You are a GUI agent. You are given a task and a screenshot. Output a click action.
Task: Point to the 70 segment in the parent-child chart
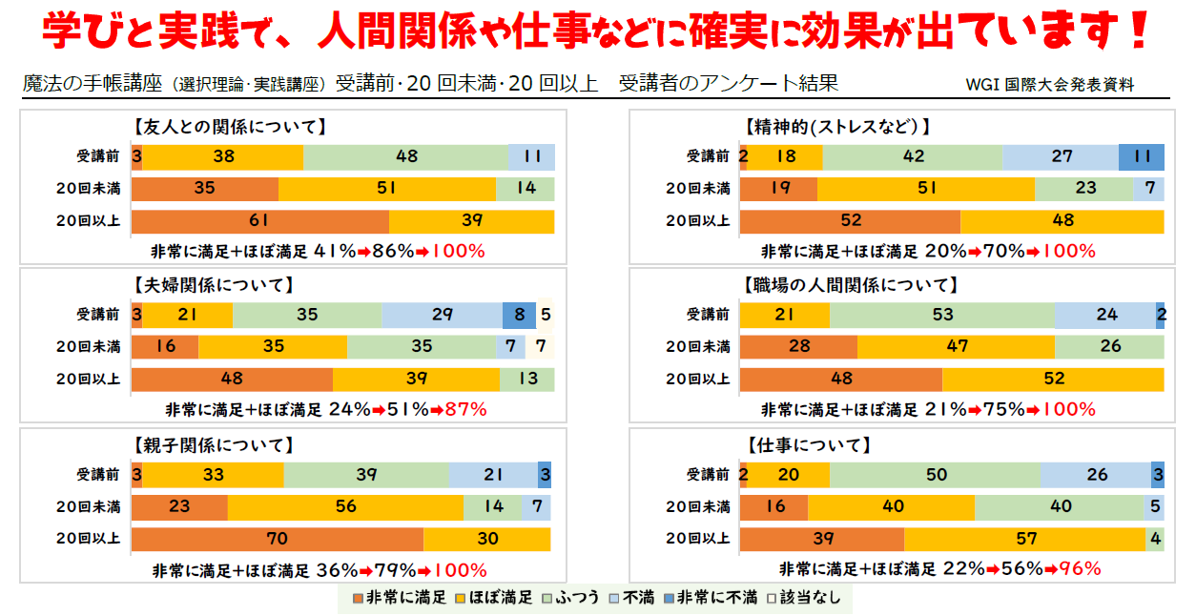[x=277, y=539]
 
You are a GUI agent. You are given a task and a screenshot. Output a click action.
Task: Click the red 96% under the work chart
[x=1079, y=569]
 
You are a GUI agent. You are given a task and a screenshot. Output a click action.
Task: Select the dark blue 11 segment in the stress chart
[x=1141, y=156]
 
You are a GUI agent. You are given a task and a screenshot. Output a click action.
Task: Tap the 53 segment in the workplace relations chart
[x=941, y=315]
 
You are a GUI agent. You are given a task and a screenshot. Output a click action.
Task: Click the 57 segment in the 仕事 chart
[x=1024, y=539]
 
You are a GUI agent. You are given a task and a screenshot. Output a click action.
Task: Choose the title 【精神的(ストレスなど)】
[x=835, y=126]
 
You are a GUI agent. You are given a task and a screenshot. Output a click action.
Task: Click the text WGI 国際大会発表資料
[x=1049, y=85]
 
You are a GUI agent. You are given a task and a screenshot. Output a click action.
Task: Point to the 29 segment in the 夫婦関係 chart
[x=442, y=315]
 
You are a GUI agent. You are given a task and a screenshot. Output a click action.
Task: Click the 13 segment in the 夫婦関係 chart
[x=526, y=380]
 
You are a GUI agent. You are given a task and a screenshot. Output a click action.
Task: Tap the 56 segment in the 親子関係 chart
[x=345, y=507]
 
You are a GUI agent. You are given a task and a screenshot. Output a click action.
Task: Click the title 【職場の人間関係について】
[x=849, y=285]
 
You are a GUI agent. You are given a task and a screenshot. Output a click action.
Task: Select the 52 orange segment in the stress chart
[x=850, y=221]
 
